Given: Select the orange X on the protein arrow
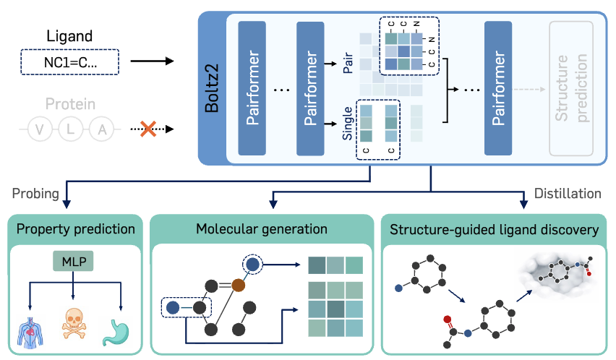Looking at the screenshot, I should click(148, 130).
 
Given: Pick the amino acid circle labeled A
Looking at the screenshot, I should click(103, 130).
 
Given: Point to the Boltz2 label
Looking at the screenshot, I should click(213, 87).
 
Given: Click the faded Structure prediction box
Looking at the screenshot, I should click(571, 88).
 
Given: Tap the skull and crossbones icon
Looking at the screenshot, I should click(74, 325).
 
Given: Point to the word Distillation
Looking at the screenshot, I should click(568, 193).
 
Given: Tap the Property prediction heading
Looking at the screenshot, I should click(77, 230).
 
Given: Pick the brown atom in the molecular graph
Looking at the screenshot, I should click(239, 286).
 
